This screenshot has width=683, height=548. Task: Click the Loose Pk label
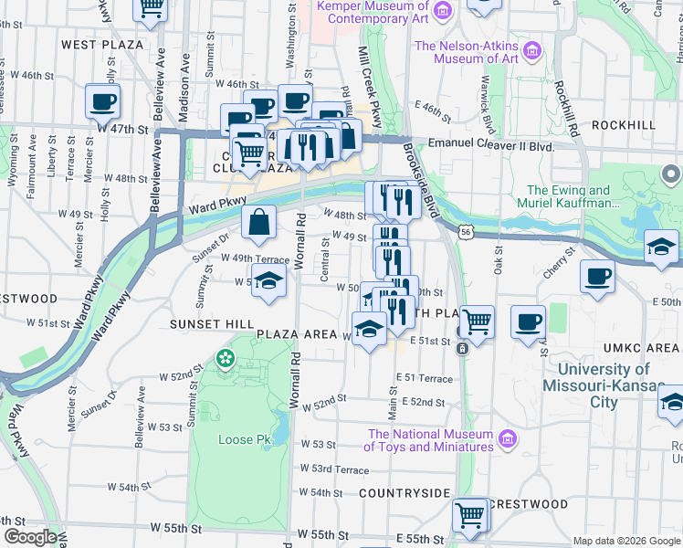245,439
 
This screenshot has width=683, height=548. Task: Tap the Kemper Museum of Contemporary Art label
373,12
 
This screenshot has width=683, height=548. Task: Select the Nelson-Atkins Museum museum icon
534,52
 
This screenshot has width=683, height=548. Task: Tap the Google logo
30,538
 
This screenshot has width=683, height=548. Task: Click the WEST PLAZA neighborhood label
101,44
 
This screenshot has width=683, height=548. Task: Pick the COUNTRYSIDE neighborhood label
405,493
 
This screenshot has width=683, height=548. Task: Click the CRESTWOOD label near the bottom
528,504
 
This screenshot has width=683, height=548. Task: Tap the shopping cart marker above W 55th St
470,514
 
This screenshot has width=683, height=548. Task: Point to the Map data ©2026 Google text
626,541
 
